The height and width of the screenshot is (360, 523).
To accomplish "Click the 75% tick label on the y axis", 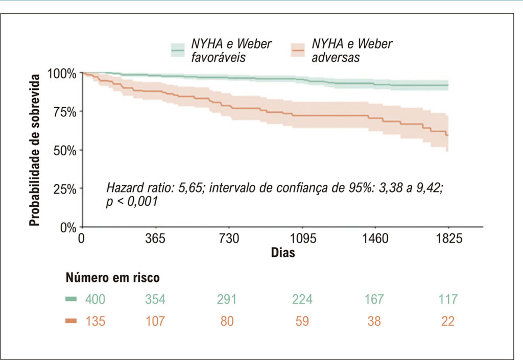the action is (x=65, y=112).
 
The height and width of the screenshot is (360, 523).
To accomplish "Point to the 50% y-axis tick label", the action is (x=65, y=151).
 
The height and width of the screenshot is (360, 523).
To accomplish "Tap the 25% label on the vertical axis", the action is (x=65, y=189).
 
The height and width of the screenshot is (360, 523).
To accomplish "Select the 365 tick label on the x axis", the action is (x=155, y=238).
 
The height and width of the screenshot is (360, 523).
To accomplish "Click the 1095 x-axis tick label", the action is (x=302, y=238).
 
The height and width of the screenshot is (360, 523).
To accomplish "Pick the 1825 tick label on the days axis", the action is (x=449, y=238).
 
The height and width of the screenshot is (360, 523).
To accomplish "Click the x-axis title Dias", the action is (x=283, y=253).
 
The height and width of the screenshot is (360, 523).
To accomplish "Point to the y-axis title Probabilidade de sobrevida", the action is (x=34, y=150).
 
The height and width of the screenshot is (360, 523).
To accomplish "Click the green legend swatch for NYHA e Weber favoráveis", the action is (x=177, y=51).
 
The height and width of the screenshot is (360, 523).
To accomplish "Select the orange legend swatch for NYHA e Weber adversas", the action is (x=298, y=51).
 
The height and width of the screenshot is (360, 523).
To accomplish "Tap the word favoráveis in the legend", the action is (x=219, y=57).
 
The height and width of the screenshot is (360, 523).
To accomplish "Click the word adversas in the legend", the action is (x=336, y=57).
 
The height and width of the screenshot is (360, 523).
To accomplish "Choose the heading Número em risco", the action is (x=113, y=277).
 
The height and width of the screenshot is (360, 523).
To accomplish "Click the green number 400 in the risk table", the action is (x=95, y=299).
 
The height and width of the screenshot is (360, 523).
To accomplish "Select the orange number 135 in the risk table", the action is (x=95, y=321).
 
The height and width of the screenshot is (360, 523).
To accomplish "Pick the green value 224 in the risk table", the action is (x=302, y=299).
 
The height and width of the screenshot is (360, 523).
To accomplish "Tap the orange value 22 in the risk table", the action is (x=447, y=321).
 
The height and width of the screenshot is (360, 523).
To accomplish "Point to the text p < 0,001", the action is (x=132, y=202).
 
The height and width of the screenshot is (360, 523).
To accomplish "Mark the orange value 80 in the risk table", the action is (x=227, y=321).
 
